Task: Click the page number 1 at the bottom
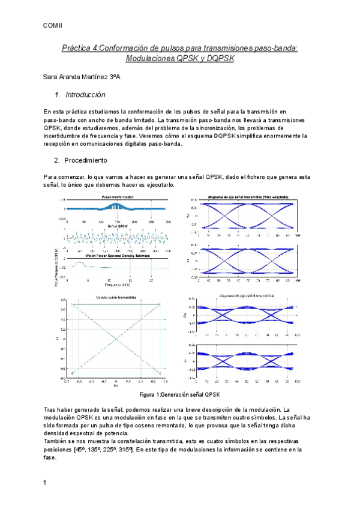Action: (x=46, y=483)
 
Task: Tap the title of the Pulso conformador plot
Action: (x=117, y=197)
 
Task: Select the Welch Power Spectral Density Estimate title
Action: (x=116, y=255)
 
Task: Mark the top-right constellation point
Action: (x=160, y=304)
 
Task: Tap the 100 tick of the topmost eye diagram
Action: (x=298, y=236)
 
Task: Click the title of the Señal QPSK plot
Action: (x=116, y=226)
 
